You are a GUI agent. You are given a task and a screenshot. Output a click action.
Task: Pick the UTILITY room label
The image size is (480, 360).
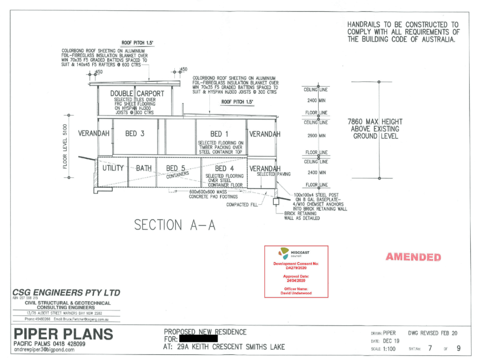coord(113,168)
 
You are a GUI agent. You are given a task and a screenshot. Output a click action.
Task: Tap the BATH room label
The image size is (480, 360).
coord(144,168)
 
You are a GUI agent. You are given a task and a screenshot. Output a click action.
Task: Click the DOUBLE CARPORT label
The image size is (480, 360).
coord(137,93)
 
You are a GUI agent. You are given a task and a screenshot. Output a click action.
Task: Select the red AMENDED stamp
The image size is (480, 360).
coord(413,257)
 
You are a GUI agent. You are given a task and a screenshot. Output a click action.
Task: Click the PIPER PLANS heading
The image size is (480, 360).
coord(63,334)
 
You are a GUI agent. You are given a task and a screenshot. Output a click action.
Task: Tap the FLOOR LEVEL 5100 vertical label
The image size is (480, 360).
coord(65,146)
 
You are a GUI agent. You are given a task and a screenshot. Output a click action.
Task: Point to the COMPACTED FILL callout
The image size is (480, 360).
coord(240,205)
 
